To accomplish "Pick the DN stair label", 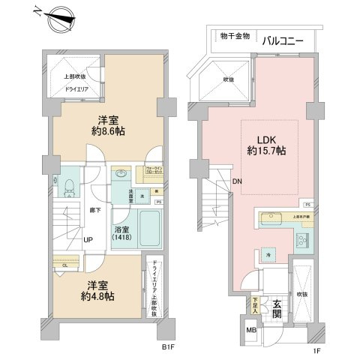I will point(236,182).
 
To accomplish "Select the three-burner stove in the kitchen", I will point(304,240).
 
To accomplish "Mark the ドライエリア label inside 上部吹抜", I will point(76,89).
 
